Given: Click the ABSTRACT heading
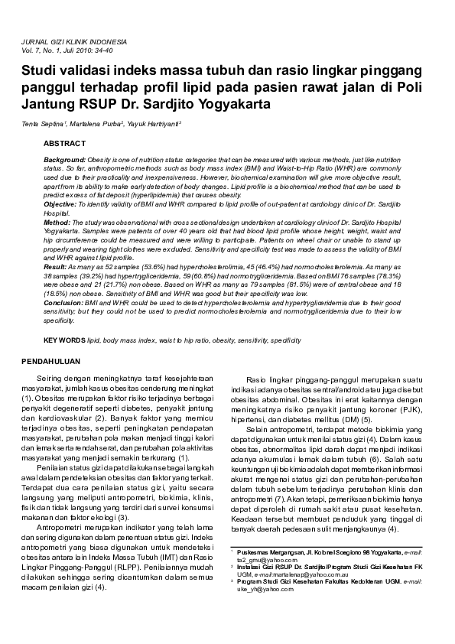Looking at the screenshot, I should point(64,143).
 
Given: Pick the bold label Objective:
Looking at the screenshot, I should point(60,205).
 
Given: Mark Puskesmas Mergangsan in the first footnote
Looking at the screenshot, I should point(271,551).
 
